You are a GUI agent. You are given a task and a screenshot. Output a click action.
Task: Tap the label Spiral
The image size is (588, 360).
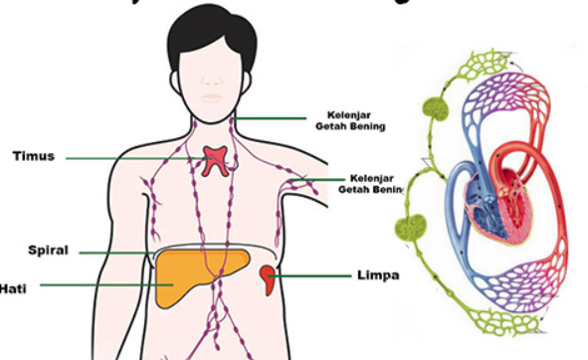coord(48,251)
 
